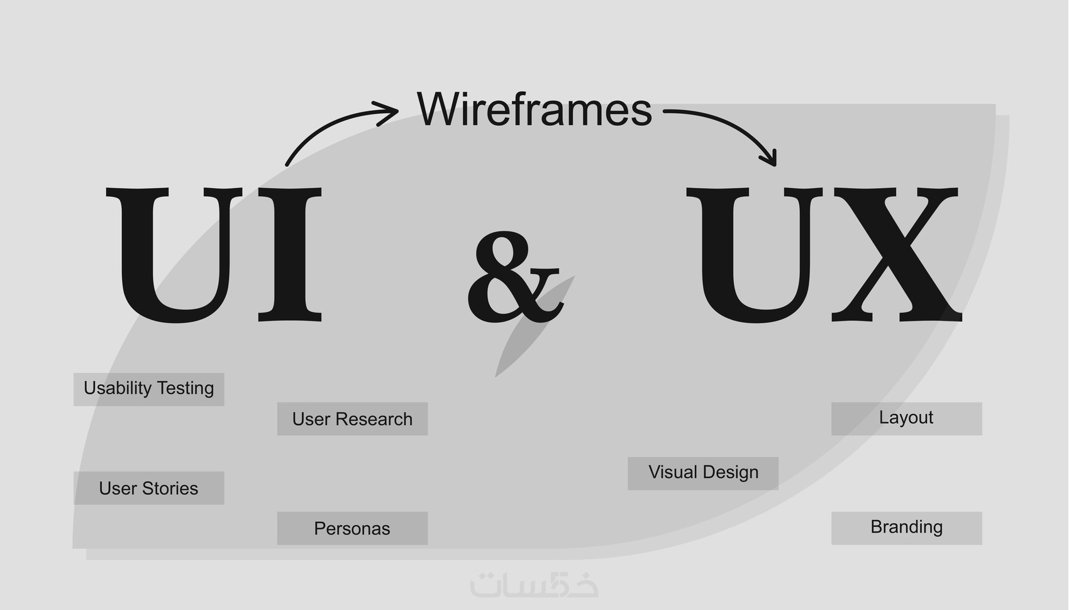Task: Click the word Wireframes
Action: (x=534, y=109)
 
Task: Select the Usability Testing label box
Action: (x=149, y=389)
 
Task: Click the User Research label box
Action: (x=352, y=419)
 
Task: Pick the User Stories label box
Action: (x=149, y=488)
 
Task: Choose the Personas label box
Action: (x=352, y=528)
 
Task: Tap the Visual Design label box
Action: (x=703, y=474)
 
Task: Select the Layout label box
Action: (x=907, y=419)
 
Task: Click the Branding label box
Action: (x=907, y=528)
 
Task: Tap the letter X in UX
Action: (x=897, y=255)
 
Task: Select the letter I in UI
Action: (x=290, y=255)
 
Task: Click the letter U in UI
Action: (x=174, y=256)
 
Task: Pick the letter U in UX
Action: (x=755, y=256)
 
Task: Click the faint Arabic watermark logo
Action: (x=534, y=585)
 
